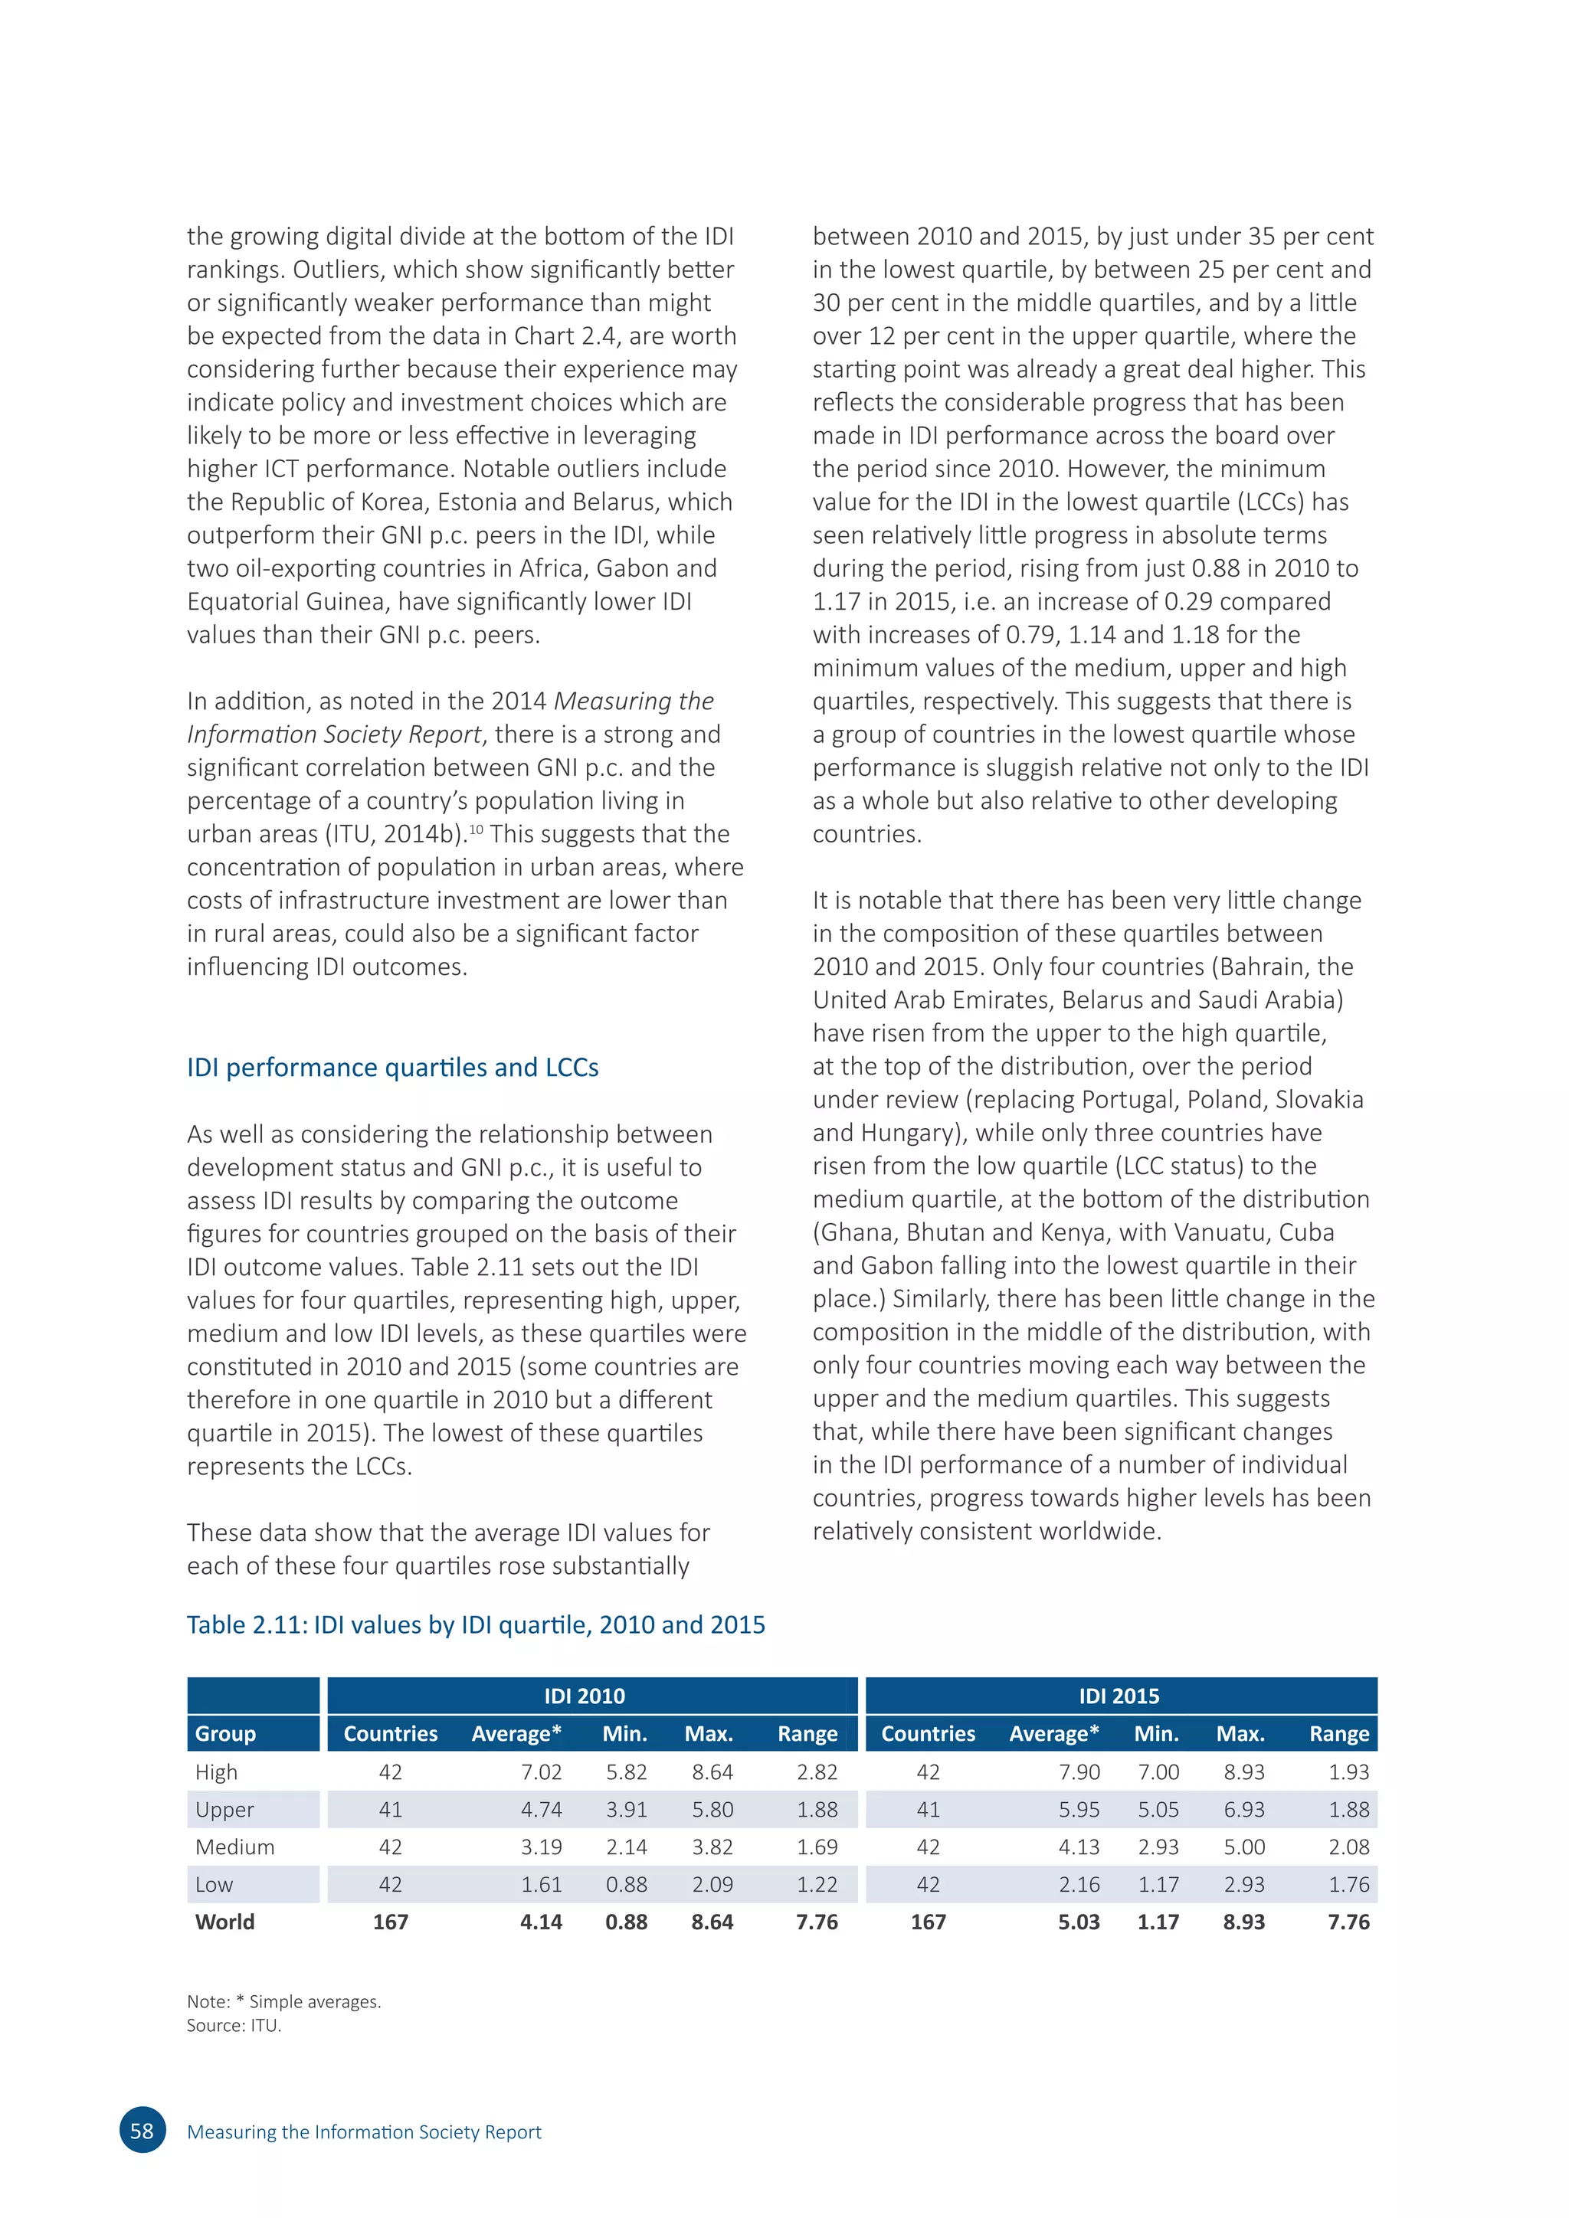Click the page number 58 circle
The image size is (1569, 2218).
tap(142, 2131)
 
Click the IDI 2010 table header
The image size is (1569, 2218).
tap(585, 1696)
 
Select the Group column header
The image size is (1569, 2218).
tap(225, 1733)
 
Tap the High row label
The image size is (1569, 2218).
tap(216, 1771)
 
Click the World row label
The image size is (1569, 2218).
tap(225, 1922)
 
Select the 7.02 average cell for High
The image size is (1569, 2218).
tap(541, 1771)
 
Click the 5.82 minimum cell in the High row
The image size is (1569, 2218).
tap(626, 1771)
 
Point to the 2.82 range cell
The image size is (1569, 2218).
tap(817, 1771)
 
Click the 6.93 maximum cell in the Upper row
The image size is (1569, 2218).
tap(1243, 1809)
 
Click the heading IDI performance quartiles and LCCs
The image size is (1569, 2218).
tap(392, 1068)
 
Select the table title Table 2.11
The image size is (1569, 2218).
tap(475, 1625)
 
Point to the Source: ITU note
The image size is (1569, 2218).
tap(234, 2026)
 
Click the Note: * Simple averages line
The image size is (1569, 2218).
tap(284, 2001)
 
